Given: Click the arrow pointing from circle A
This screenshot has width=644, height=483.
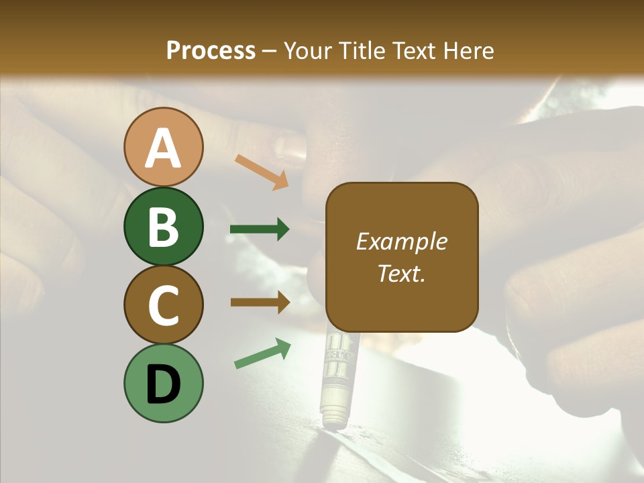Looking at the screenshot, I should tap(262, 170).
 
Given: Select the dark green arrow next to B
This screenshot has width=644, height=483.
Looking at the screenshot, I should tap(260, 229).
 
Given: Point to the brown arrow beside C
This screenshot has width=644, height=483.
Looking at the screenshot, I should tap(260, 303).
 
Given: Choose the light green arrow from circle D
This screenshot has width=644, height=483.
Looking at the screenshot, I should tap(262, 354).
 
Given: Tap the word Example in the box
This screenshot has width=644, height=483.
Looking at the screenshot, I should tap(402, 241).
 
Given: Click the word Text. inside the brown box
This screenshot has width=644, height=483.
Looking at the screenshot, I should tap(402, 274).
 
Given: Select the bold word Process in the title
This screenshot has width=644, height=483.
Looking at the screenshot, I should tap(211, 50).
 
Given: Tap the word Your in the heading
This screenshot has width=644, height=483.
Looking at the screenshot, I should tap(306, 50).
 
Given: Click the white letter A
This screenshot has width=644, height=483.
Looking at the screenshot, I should tap(163, 148).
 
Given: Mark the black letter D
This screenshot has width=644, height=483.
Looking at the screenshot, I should tap(163, 385).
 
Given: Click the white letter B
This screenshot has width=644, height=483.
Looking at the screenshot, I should tap(163, 227).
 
